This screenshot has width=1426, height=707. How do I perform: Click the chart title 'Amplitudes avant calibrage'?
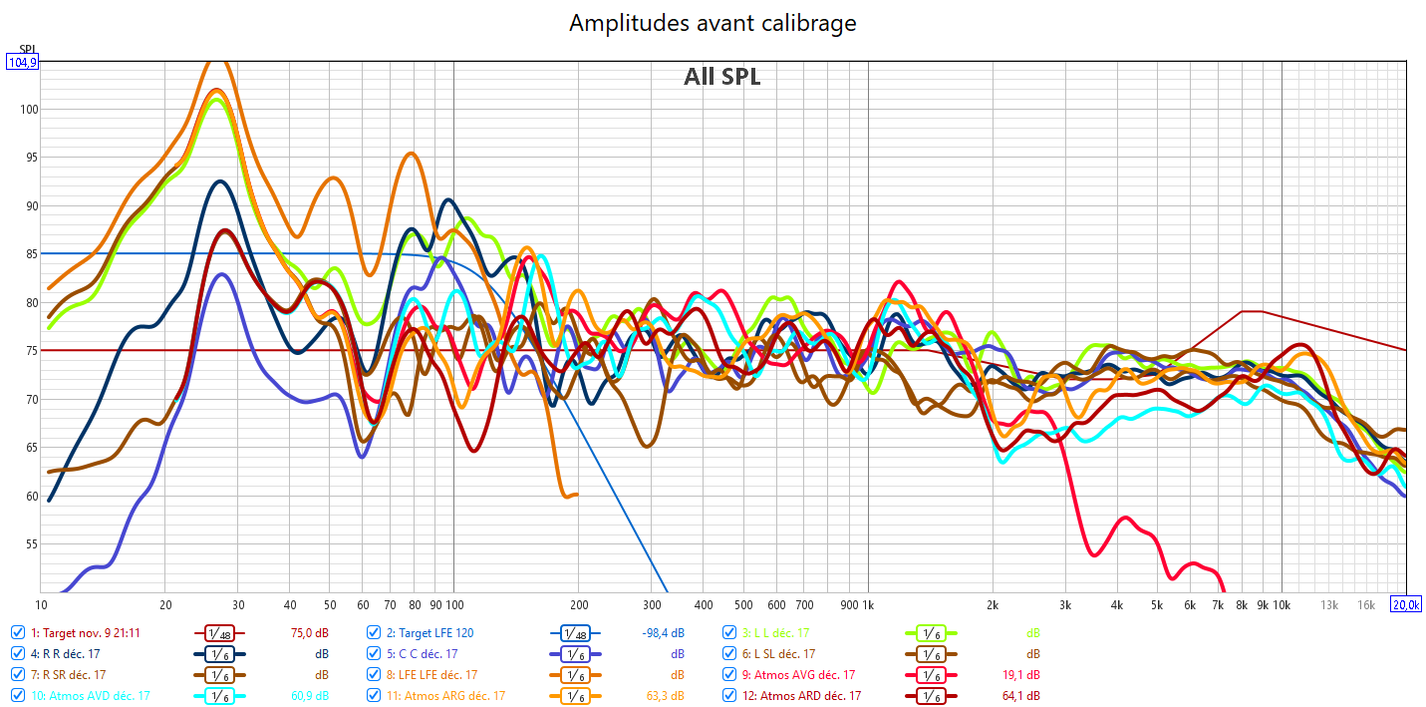pos(713,22)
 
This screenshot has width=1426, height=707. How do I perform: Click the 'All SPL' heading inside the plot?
pos(721,77)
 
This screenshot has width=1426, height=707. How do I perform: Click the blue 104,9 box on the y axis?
pos(22,62)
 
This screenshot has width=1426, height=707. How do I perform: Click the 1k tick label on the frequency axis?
pos(867,605)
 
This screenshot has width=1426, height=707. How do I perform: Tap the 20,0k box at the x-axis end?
pos(1406,605)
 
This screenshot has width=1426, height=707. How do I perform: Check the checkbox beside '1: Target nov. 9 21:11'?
pos(18,632)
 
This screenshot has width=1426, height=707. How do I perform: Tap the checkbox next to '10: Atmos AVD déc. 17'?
pos(18,695)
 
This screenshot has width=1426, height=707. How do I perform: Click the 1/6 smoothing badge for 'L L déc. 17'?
pos(929,632)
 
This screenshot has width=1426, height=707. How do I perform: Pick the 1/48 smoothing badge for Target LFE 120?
pos(573,632)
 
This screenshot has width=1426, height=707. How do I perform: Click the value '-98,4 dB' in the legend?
pos(663,632)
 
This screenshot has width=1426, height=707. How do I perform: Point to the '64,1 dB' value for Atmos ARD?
pos(1018,695)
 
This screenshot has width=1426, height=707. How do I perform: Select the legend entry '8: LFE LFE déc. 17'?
pos(431,674)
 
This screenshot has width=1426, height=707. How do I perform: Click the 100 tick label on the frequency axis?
pos(454,605)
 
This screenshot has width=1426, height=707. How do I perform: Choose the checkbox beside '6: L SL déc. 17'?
pos(731,653)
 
